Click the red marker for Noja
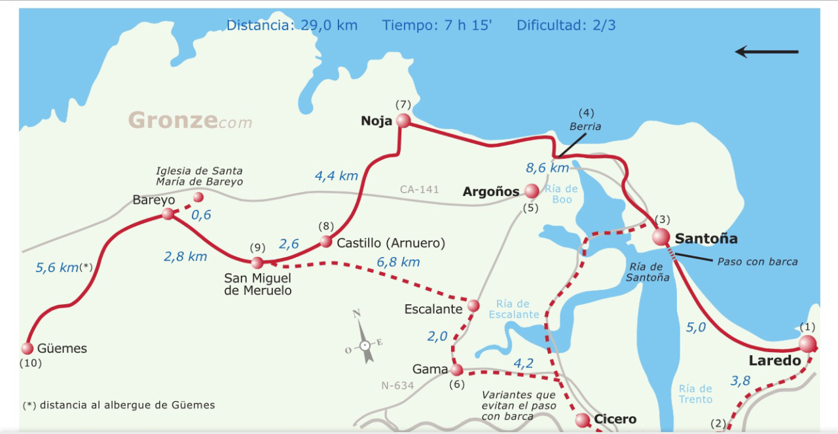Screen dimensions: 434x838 [403, 121]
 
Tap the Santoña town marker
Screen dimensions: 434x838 [661, 237]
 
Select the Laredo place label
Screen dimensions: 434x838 [774, 361]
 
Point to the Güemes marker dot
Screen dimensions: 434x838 [27, 348]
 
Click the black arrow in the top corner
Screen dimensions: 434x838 [767, 52]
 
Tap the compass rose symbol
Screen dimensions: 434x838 [365, 343]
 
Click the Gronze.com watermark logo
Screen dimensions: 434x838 [190, 121]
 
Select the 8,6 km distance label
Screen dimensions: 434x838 [547, 168]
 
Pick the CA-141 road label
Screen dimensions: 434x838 [419, 189]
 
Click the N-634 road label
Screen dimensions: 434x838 [397, 385]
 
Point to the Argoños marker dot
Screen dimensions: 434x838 [532, 191]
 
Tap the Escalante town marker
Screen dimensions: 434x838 [473, 306]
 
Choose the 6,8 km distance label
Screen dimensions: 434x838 [398, 262]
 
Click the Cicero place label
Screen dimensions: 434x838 [615, 420]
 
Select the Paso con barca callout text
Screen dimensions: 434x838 [757, 262]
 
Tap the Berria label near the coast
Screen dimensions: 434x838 [585, 127]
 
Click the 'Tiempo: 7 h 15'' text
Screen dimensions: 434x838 [437, 26]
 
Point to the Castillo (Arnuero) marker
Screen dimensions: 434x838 [325, 241]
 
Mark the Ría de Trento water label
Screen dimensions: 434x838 [695, 394]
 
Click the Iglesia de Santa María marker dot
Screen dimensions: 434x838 [198, 197]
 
